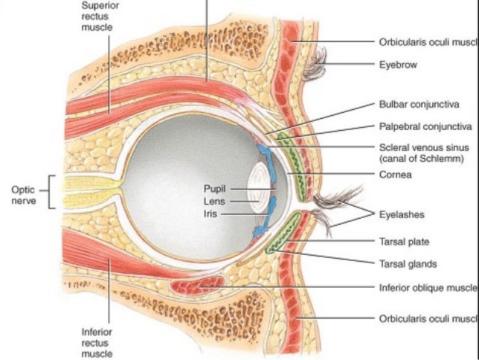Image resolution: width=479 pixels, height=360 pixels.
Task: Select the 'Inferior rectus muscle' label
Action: pyautogui.click(x=98, y=342)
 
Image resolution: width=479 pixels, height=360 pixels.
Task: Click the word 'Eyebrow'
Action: pyautogui.click(x=398, y=65)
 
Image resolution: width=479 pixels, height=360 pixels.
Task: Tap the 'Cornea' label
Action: pyautogui.click(x=395, y=174)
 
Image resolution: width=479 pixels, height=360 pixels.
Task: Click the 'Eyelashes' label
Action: pyautogui.click(x=402, y=214)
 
